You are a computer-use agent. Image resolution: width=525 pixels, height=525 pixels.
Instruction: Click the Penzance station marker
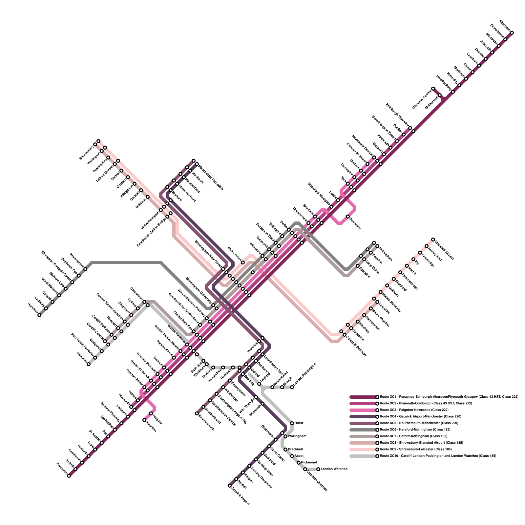(x=69, y=476)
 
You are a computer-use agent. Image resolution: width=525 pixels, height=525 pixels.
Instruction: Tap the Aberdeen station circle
(x=512, y=33)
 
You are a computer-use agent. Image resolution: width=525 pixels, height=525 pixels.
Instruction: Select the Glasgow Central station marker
(x=433, y=89)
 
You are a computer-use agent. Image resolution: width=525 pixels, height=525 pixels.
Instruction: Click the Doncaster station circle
(x=348, y=217)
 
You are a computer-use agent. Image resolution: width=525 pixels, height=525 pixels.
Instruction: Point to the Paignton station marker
(x=144, y=420)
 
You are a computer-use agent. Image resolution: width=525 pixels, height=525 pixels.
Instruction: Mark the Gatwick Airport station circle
(x=230, y=486)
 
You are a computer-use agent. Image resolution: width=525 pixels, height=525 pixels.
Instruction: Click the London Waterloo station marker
(x=318, y=469)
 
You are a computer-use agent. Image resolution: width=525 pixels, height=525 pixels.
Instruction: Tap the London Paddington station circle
(x=292, y=387)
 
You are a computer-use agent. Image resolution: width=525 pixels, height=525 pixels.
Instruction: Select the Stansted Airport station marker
(x=433, y=240)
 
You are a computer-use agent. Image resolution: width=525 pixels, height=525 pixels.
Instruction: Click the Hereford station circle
(x=39, y=315)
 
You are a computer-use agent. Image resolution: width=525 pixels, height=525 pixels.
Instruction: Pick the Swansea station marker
(x=89, y=364)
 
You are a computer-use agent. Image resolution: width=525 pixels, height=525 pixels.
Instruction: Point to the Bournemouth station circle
(x=197, y=413)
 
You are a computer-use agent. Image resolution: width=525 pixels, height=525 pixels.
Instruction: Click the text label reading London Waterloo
(x=334, y=469)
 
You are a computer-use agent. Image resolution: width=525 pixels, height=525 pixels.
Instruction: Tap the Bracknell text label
(x=295, y=449)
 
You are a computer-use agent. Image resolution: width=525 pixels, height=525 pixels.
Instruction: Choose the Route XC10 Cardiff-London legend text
(x=438, y=456)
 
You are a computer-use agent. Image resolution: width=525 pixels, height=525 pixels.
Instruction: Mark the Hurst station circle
(x=292, y=423)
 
